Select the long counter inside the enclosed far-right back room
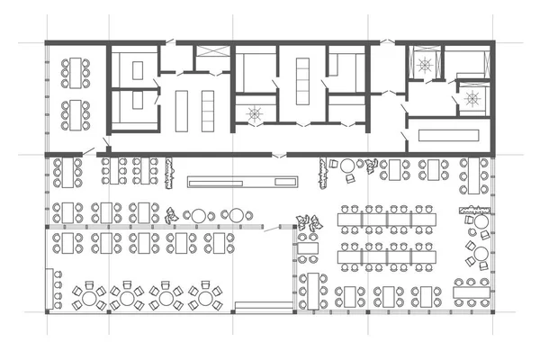click(x=446, y=135)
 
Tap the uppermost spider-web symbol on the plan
click(x=423, y=64)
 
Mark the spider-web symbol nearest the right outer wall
click(x=470, y=96)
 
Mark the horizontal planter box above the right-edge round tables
click(x=474, y=212)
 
